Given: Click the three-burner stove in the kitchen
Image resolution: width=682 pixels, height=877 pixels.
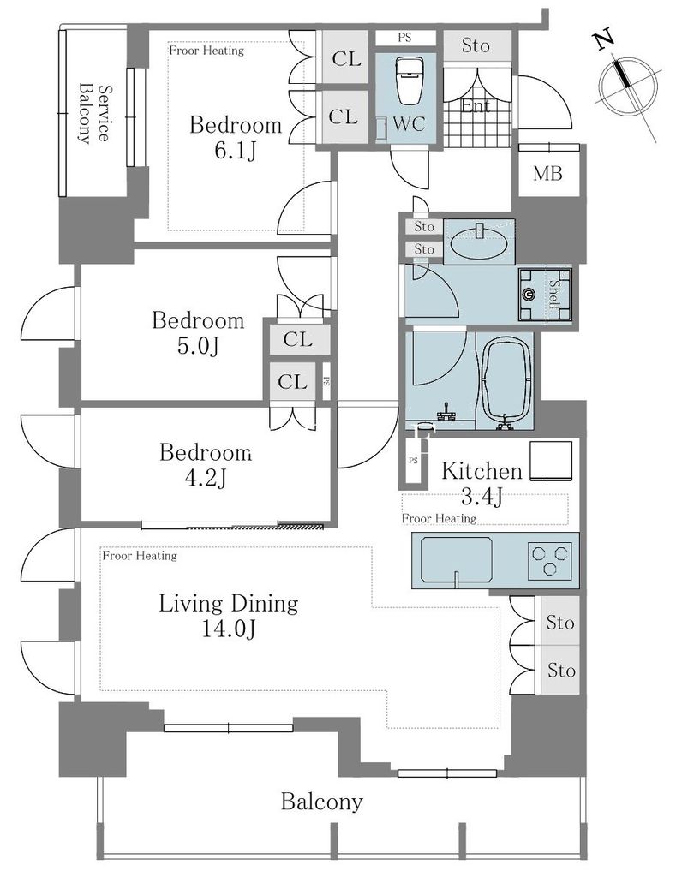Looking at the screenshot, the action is tap(550, 561).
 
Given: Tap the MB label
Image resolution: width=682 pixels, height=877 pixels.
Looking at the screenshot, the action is tap(547, 173).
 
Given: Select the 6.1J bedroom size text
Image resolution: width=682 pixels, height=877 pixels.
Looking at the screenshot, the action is tap(235, 151).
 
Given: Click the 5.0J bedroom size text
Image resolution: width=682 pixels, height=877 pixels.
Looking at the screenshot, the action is tap(198, 346).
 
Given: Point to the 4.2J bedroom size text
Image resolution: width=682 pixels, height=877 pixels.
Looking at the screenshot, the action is tap(206, 478).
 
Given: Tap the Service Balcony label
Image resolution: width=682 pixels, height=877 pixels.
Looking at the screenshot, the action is tap(93, 114).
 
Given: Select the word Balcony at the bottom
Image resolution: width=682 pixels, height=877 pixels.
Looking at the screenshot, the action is tap(321, 802).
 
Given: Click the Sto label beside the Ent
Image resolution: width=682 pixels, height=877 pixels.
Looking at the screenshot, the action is tap(476, 45).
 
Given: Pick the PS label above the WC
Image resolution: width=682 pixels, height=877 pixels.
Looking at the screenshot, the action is tap(404, 38).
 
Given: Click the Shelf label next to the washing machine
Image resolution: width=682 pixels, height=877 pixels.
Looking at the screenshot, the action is tap(553, 295).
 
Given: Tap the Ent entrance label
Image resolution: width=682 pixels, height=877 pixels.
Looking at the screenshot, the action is tap(476, 105).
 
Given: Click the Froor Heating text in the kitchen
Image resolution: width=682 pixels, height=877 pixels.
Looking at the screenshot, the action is tap(439, 519).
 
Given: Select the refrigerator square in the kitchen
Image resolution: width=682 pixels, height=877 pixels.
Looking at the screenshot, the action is tap(551, 462).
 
